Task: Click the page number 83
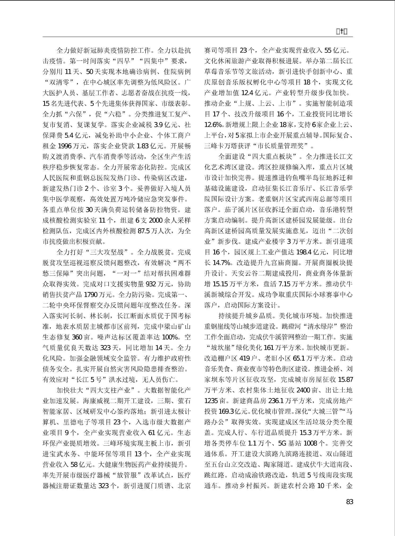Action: (x=349, y=502)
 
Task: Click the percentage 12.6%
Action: (x=213, y=125)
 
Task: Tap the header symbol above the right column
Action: (x=342, y=32)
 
